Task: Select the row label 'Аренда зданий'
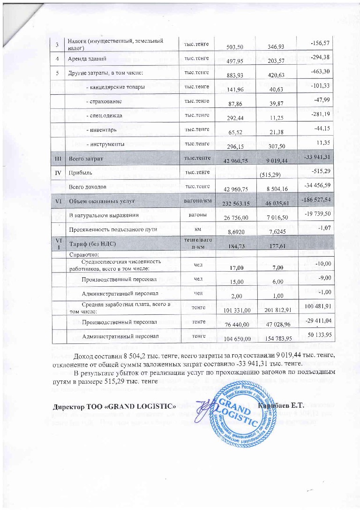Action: tap(87, 60)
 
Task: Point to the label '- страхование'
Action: tap(105, 101)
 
